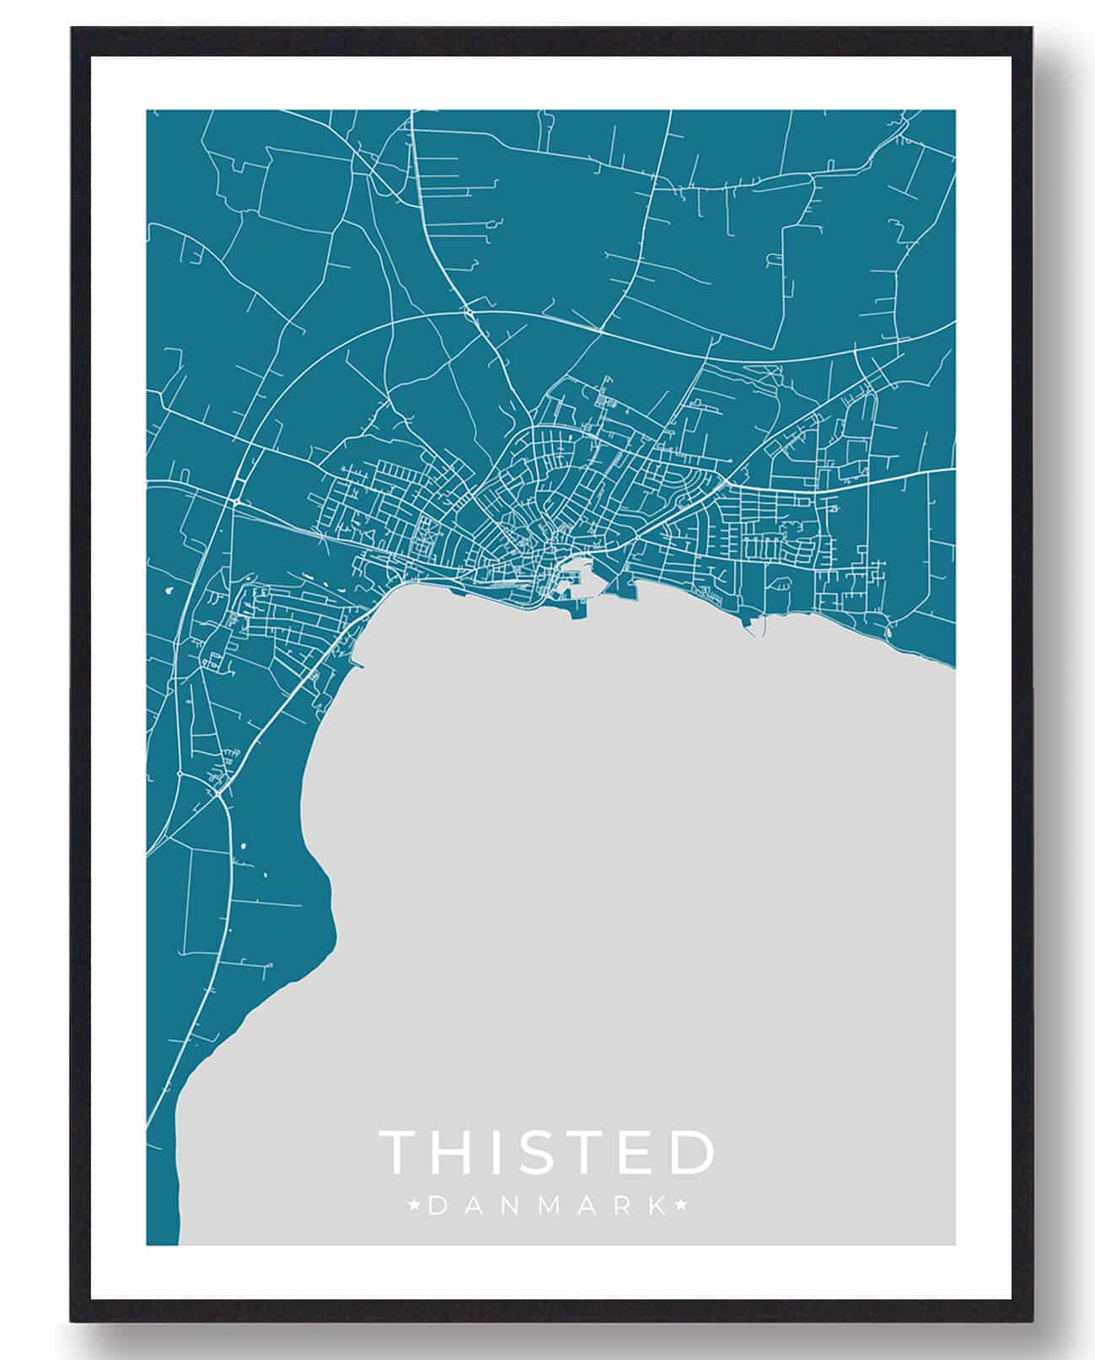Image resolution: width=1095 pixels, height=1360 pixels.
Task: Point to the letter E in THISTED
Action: (641, 1152)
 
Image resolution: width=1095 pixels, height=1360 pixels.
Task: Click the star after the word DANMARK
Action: (683, 1207)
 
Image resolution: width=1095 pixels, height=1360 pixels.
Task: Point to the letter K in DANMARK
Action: (655, 1207)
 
